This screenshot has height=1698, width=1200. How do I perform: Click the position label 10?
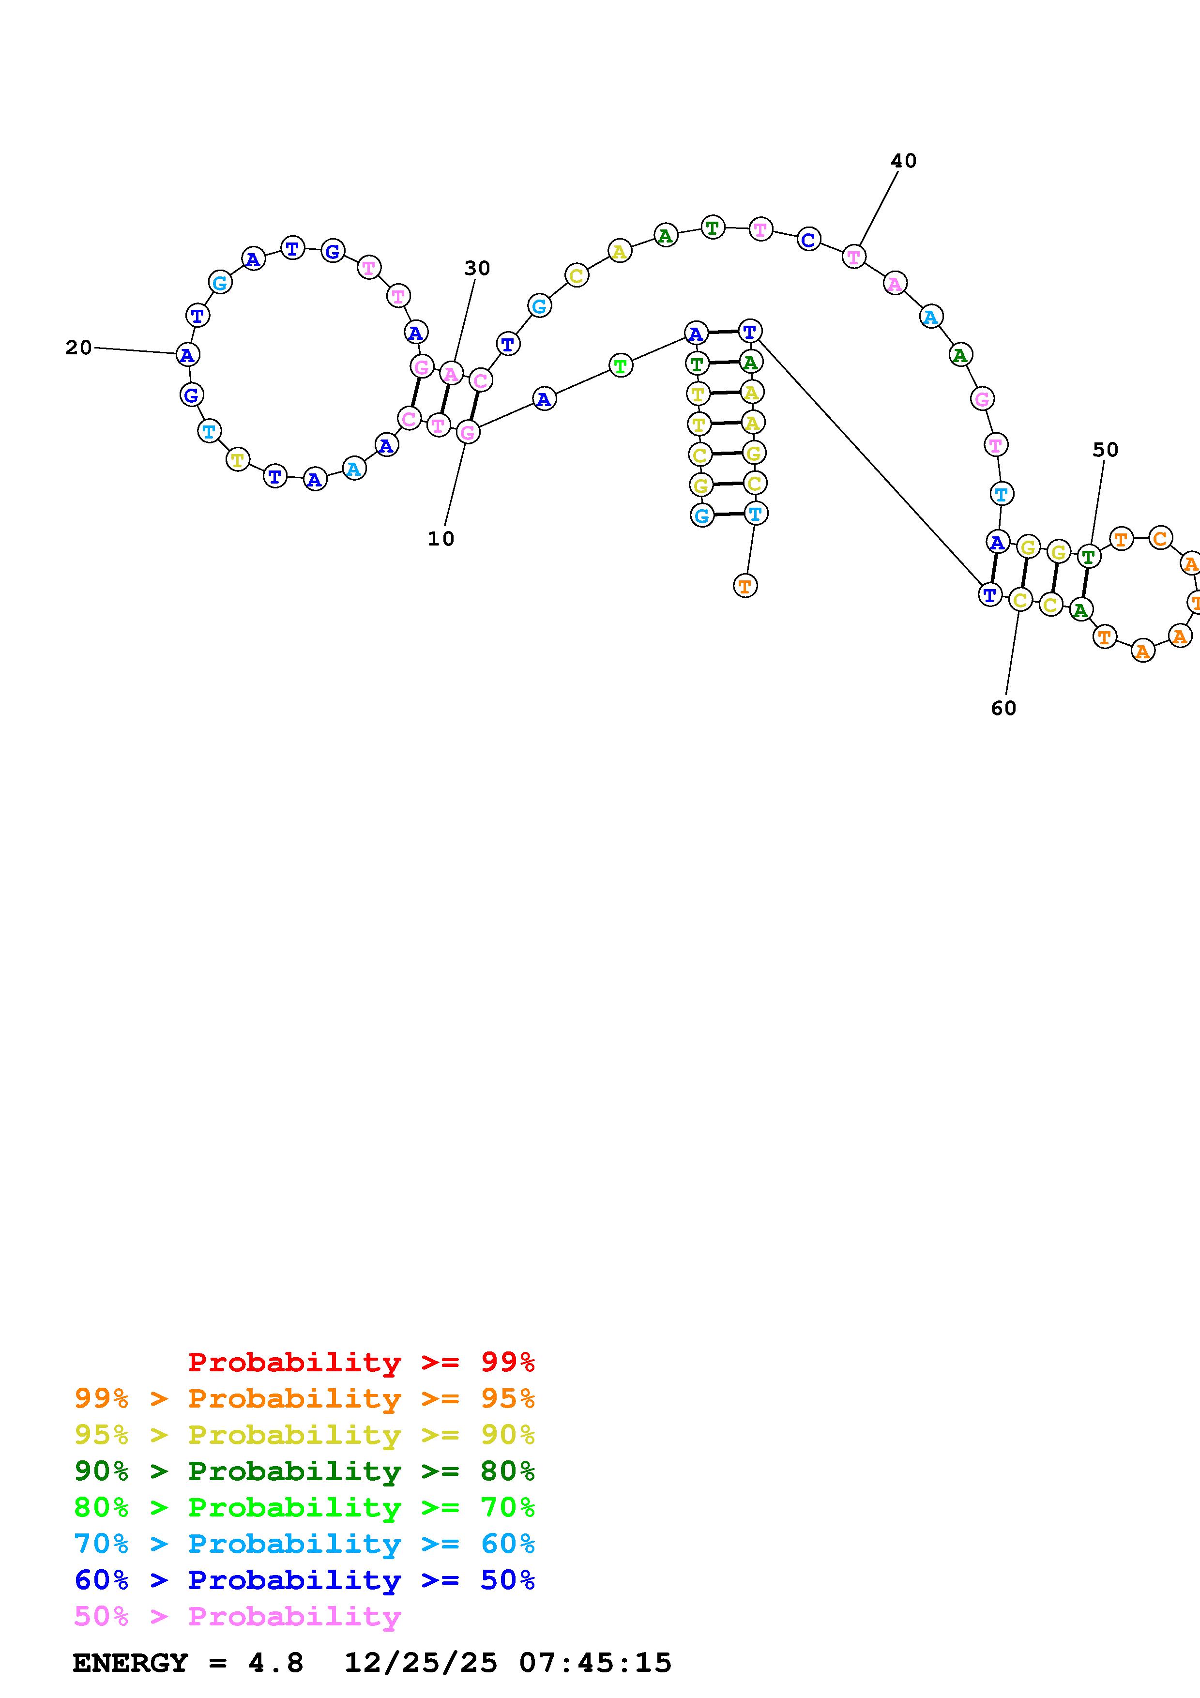441,539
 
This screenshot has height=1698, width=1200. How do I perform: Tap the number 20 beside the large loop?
78,348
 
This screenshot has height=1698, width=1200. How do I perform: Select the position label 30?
477,269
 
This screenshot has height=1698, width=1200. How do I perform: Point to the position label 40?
903,161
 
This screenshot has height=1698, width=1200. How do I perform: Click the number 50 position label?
1105,450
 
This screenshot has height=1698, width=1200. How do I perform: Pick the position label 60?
1003,709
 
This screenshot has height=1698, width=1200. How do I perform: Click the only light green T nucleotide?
621,365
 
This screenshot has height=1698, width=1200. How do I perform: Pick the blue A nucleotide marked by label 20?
188,355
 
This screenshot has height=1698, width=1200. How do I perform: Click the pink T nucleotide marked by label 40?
854,257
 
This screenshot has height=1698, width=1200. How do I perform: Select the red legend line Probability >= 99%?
361,1362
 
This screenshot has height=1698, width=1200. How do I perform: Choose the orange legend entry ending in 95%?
304,1398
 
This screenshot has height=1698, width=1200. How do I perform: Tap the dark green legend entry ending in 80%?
304,1471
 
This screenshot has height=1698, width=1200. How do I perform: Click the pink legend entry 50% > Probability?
237,1616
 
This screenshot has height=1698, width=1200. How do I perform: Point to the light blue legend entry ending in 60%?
304,1544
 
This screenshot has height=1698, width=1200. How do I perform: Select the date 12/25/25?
421,1663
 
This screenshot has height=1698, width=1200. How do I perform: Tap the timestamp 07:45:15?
595,1663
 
